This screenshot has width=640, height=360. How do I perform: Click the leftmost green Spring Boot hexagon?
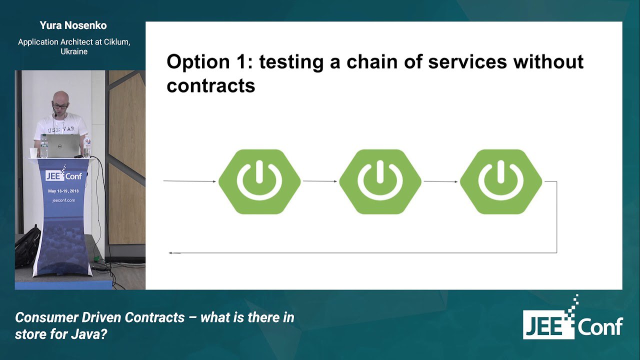click(259, 181)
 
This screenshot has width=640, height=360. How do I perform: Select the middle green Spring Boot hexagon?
click(380, 181)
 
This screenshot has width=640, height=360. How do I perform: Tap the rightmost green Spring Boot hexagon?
click(501, 181)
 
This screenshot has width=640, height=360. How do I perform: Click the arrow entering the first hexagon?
click(189, 181)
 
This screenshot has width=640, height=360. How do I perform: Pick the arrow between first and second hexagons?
click(320, 181)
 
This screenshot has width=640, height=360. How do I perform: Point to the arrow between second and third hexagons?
click(441, 181)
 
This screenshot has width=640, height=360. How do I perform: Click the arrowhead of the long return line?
click(171, 253)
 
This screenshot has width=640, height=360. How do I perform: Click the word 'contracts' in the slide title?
click(211, 85)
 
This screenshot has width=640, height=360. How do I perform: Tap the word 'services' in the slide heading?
click(467, 62)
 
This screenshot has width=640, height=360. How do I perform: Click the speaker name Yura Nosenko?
click(73, 25)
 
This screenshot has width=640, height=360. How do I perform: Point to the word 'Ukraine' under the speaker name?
click(74, 51)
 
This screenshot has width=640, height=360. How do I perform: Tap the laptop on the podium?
click(63, 145)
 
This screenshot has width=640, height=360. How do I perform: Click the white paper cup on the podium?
click(33, 152)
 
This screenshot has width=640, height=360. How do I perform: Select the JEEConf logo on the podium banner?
click(63, 173)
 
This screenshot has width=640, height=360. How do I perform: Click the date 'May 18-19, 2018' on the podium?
click(63, 191)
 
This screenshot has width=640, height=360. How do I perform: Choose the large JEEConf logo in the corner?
click(573, 317)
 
